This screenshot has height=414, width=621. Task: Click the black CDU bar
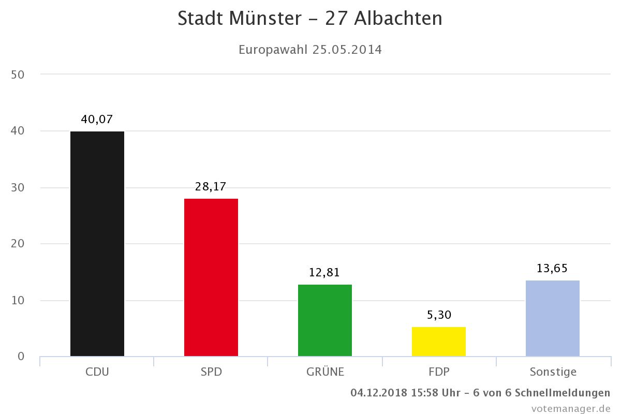click(x=97, y=244)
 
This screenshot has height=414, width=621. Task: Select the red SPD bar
click(x=211, y=277)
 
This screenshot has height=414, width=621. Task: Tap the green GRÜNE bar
click(x=325, y=320)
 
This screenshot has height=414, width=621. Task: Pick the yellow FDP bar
click(x=439, y=342)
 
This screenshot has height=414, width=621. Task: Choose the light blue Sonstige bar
click(x=553, y=318)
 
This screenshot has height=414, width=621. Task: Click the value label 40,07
click(x=97, y=120)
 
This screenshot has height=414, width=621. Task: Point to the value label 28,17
click(x=211, y=187)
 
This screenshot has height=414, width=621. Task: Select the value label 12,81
click(x=324, y=273)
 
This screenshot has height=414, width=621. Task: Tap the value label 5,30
click(x=438, y=315)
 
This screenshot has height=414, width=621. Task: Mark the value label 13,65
click(x=552, y=268)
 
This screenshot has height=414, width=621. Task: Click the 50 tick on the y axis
click(x=18, y=75)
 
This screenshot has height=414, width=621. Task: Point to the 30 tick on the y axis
click(x=18, y=187)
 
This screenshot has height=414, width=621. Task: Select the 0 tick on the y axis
click(x=21, y=357)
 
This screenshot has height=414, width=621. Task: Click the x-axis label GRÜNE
click(x=325, y=372)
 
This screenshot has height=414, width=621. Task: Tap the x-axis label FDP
click(x=439, y=372)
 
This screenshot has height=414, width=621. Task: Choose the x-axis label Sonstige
click(x=553, y=372)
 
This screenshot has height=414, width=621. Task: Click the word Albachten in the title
click(x=398, y=19)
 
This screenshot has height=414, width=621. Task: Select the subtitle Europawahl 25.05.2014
click(x=310, y=50)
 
